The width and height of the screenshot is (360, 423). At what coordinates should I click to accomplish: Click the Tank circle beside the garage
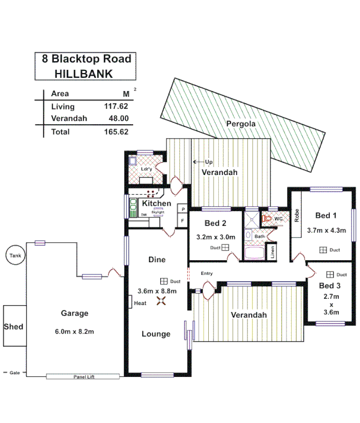tap(14, 256)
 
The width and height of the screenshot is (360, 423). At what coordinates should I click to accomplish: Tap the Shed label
tap(14, 326)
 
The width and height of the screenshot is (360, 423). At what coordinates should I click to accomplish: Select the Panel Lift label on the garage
tap(84, 377)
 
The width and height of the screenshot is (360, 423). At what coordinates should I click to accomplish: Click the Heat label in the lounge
tap(140, 303)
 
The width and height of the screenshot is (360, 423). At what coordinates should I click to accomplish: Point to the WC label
tap(279, 218)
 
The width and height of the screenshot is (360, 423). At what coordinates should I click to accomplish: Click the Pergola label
tap(241, 124)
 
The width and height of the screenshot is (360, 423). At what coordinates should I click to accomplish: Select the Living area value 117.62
tap(116, 106)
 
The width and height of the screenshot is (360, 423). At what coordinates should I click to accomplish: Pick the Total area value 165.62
tap(116, 132)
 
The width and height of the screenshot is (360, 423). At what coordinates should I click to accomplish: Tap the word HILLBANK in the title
tap(84, 74)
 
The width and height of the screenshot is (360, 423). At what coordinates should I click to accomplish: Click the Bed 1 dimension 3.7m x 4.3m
tap(326, 230)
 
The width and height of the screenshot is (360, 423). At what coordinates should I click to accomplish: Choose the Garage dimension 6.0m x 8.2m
tap(74, 332)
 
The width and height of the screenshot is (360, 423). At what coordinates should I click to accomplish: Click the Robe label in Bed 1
tap(297, 215)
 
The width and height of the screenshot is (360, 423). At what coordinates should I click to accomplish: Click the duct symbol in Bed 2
tap(225, 247)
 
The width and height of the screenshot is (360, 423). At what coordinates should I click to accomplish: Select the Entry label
tap(207, 273)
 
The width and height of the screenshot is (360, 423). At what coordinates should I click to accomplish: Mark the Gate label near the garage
tap(14, 373)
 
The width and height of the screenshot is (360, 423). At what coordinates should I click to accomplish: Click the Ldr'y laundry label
tap(146, 169)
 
